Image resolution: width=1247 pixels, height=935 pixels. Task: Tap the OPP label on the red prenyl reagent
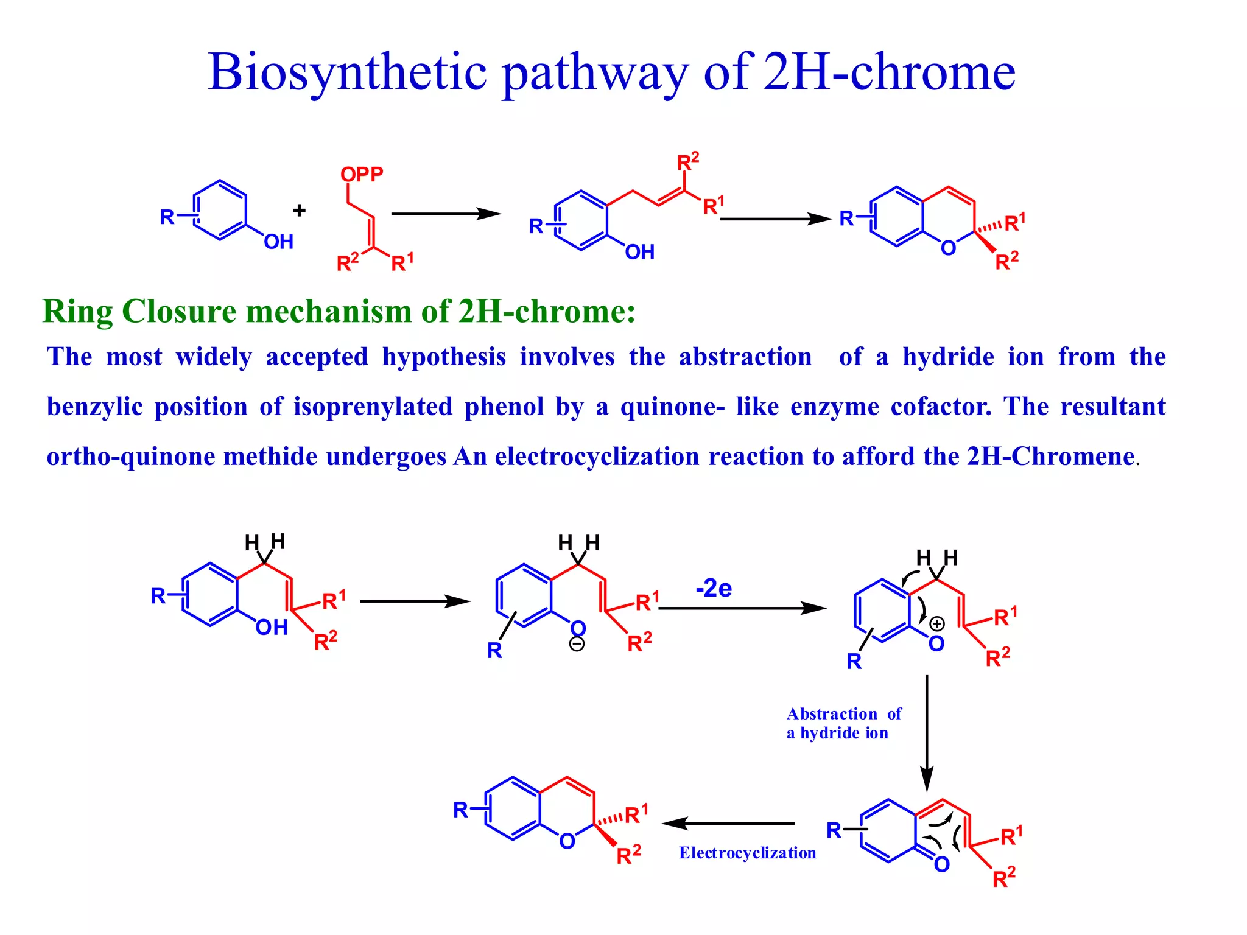[362, 175]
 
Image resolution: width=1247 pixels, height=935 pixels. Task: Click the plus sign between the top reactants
[299, 211]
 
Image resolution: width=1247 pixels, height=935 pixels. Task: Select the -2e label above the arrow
[714, 589]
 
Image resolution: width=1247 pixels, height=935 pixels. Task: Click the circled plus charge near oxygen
[937, 623]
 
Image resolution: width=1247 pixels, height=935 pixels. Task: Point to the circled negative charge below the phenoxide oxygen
[577, 644]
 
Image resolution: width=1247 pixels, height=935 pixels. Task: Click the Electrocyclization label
[747, 853]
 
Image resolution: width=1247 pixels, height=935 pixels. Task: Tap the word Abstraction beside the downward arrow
[832, 713]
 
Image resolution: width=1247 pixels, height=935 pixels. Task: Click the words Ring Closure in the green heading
[139, 312]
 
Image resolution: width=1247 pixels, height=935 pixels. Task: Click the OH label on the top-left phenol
[278, 242]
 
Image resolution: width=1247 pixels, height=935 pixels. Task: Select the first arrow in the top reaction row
[446, 214]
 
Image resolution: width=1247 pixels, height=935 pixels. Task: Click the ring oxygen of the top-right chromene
[948, 248]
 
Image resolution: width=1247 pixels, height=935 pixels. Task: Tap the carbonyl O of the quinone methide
[941, 864]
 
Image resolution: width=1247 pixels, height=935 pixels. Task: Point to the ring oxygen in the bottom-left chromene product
[567, 841]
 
